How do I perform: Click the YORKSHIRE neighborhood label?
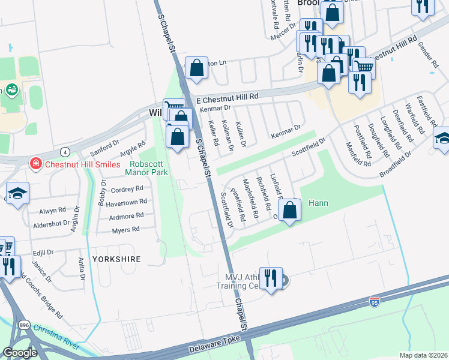[116, 259]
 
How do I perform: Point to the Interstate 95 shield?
[375, 302]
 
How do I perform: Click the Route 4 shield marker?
[64, 150]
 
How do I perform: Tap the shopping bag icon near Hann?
[289, 211]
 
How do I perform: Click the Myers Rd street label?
[126, 229]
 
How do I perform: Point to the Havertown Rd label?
[126, 203]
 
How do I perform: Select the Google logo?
[20, 353]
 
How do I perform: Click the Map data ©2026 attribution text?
[423, 355]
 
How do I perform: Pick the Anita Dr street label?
[81, 264]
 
